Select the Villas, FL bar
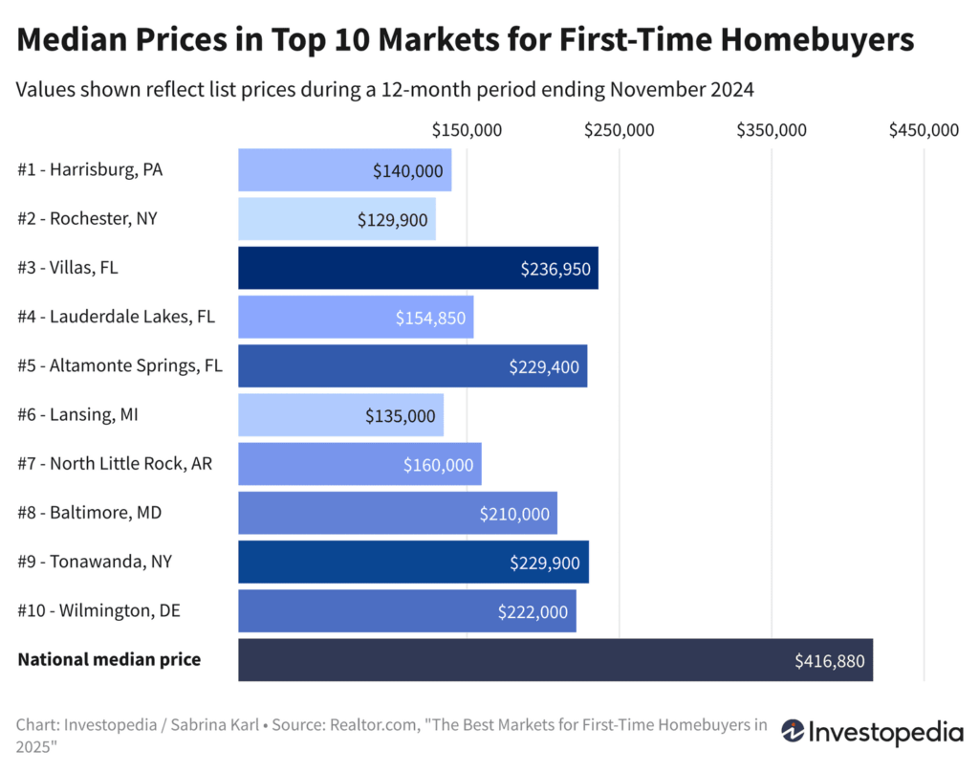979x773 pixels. [418, 268]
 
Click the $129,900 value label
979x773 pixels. [392, 219]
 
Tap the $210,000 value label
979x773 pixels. [515, 514]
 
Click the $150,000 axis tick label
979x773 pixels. [467, 129]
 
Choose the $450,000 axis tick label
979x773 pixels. [924, 129]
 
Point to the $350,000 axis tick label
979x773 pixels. [772, 129]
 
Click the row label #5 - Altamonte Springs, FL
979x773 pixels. [120, 365]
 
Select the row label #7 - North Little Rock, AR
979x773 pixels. [115, 464]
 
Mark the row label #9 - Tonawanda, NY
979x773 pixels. [95, 562]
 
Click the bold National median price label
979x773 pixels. [109, 660]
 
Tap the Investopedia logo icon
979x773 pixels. [793, 732]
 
